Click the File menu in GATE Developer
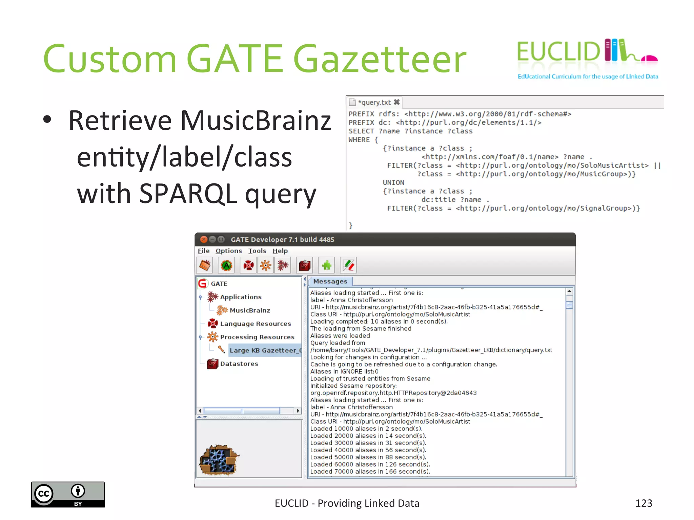pos(204,251)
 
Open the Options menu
pos(229,251)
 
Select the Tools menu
pos(257,251)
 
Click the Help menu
pos(280,251)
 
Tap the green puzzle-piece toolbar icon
pos(327,265)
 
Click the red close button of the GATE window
pos(204,239)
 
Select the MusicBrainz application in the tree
pos(250,310)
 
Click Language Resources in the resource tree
pos(255,324)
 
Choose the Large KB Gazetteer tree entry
pos(265,350)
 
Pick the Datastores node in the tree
pos(239,364)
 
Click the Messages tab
pos(330,281)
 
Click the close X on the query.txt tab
pos(397,102)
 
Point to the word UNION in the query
pos(393,182)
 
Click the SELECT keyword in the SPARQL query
pos(361,131)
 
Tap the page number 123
pos(644,503)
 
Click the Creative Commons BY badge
pos(68,494)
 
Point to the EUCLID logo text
pos(558,52)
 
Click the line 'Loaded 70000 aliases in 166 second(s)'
pos(370,471)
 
